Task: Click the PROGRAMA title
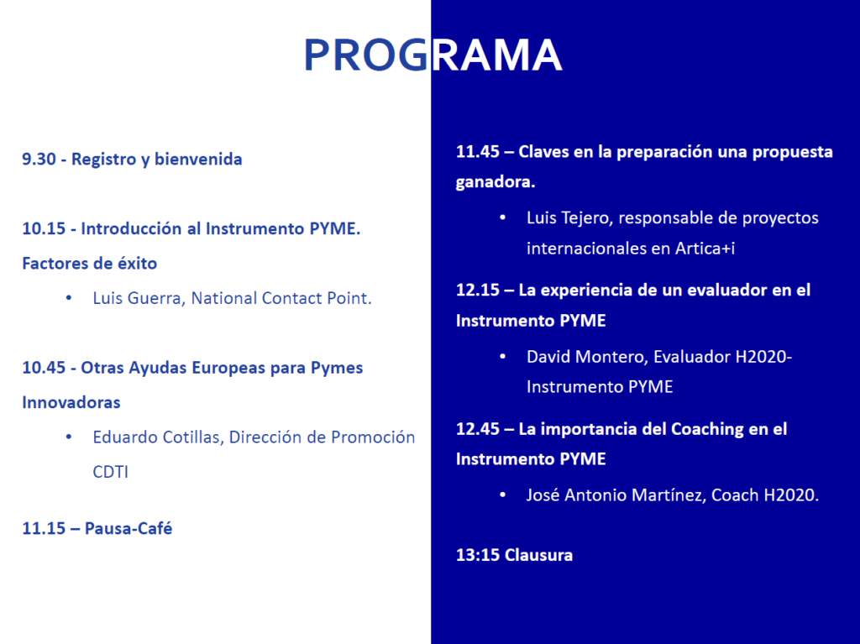433,55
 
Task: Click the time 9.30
39,159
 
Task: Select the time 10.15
44,228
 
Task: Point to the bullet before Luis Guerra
69,298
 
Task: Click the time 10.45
44,368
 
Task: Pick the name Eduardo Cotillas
157,437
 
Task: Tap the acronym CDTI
110,472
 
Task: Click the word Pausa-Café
128,528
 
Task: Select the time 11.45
478,152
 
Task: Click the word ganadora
496,182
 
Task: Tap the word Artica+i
705,249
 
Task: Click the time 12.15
478,291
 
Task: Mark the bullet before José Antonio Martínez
503,495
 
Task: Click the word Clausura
538,555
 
